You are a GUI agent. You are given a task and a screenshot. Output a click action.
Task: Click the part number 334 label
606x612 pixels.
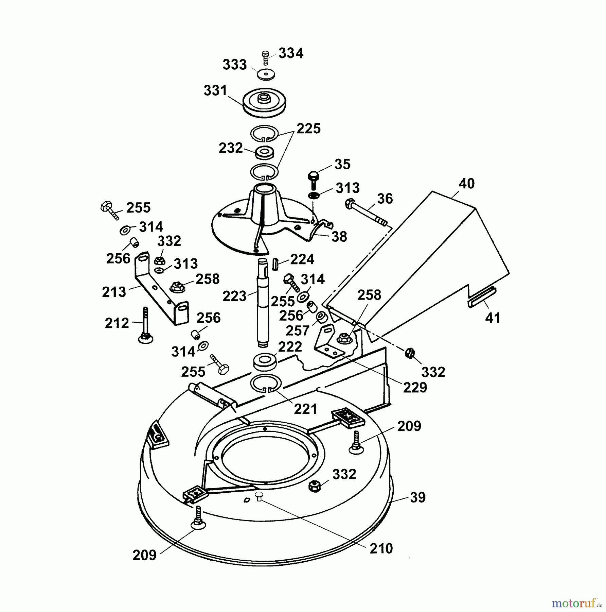(x=291, y=53)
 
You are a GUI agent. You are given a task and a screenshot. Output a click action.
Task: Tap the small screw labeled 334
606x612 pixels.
(x=266, y=58)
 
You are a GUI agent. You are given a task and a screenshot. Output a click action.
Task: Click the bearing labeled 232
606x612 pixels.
(x=264, y=152)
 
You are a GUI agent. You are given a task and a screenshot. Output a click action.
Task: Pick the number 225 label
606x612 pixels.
(x=308, y=129)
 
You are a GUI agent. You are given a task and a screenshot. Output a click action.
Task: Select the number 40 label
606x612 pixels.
(x=466, y=183)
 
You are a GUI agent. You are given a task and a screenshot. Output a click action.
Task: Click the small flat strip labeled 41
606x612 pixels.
(x=482, y=297)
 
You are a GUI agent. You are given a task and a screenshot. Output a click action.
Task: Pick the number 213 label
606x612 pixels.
(x=114, y=292)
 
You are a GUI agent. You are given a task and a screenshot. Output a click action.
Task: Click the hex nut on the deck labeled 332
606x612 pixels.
(x=314, y=485)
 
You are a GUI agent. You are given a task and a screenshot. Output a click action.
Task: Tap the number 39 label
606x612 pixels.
(x=418, y=497)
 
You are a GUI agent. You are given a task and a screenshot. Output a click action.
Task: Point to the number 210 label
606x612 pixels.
(x=381, y=548)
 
